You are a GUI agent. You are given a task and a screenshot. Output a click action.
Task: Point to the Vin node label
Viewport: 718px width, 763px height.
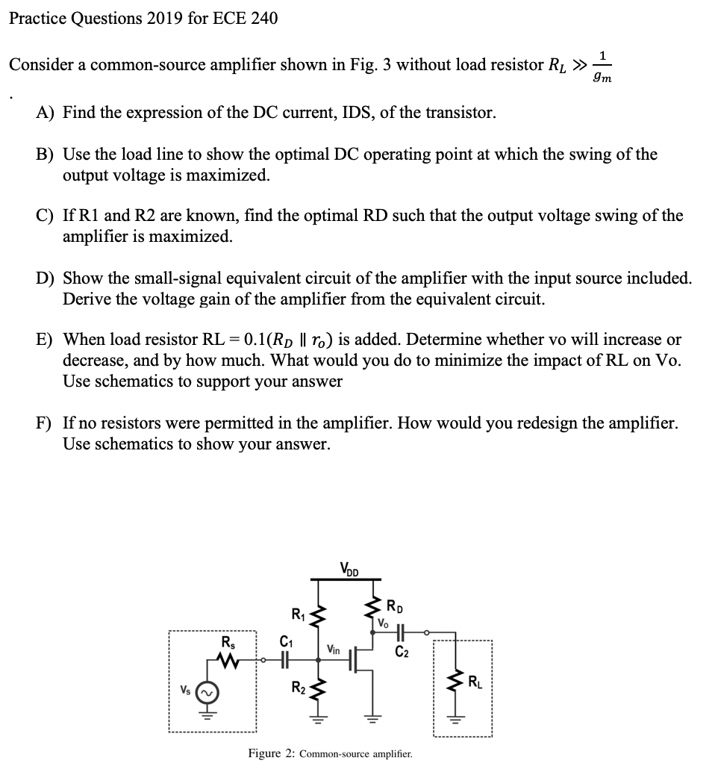point(333,650)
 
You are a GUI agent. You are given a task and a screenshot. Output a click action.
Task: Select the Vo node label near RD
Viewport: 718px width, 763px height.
point(384,621)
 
